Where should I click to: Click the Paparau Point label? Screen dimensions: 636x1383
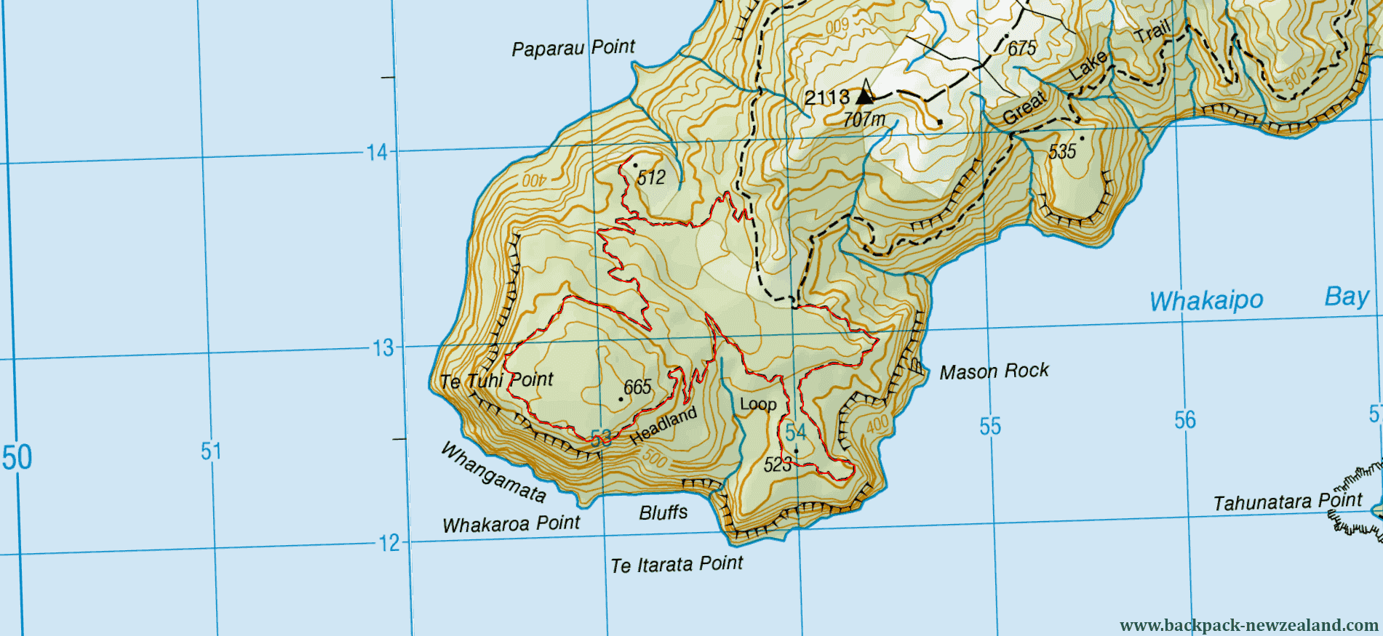point(573,48)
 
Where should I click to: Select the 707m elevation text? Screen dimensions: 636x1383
point(864,118)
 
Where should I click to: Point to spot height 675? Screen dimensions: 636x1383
point(1021,49)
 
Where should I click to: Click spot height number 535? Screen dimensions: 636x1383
point(1062,151)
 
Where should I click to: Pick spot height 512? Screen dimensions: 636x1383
point(651,177)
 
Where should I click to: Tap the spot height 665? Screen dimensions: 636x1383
point(637,387)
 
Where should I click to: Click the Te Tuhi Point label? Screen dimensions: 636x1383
point(496,380)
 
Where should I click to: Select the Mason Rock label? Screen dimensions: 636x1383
point(994,371)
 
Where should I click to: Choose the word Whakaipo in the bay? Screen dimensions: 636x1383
point(1206,300)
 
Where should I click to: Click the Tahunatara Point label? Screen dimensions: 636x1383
point(1288,502)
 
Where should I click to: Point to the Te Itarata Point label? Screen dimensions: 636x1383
point(677,565)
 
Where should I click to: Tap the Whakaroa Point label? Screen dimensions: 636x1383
point(511,524)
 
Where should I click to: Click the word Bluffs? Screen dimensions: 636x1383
point(663,512)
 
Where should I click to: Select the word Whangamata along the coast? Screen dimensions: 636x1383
point(493,473)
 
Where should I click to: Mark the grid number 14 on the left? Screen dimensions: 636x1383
point(377,153)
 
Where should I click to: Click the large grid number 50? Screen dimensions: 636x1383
point(17,458)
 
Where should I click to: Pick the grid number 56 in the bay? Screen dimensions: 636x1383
point(1184,419)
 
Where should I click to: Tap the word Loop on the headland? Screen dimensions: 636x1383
point(758,404)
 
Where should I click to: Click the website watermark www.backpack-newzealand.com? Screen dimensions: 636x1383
point(1249,625)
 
